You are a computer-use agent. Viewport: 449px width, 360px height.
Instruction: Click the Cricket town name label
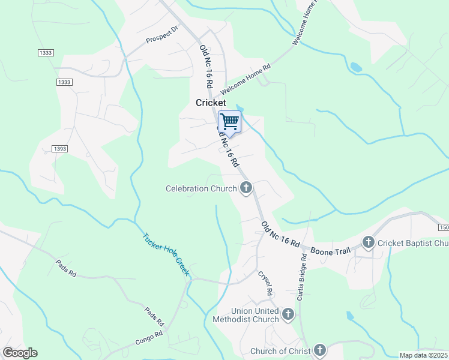tap(211, 103)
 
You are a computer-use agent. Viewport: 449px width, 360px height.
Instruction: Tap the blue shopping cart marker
tap(229, 122)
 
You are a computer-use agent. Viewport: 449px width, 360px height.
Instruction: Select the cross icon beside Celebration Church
tap(246, 188)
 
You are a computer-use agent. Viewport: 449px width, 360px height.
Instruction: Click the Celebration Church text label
tap(201, 189)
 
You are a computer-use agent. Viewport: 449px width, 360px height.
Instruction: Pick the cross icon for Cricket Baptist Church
tap(368, 243)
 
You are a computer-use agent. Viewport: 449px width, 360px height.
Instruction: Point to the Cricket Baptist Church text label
tap(413, 244)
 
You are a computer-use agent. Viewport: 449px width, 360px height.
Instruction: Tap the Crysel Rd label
tap(265, 283)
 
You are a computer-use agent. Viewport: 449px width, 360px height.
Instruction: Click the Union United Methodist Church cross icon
tap(288, 314)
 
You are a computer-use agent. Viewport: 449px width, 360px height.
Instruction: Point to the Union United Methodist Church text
tap(246, 316)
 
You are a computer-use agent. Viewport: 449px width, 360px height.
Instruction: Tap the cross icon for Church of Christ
tap(319, 350)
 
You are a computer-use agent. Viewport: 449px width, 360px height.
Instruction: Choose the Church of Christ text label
tap(280, 351)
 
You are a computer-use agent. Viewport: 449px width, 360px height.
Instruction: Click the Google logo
tap(20, 353)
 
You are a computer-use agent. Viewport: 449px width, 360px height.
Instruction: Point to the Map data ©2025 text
tap(423, 355)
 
